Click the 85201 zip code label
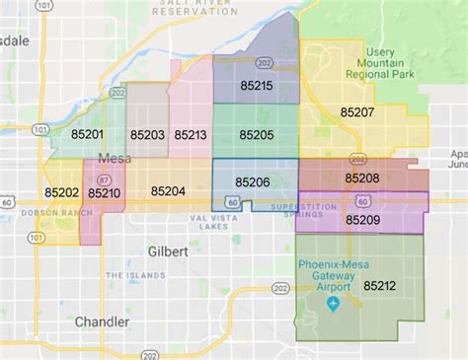pos(87,133)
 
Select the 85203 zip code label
pos(147,133)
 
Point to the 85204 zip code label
pos(169,192)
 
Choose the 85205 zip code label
pos(256,133)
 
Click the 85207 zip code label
pos(355,112)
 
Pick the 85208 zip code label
pos(361,179)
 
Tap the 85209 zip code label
pos(362,219)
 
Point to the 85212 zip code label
pos(379,286)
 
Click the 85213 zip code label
pos(191,133)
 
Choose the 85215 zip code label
pos(256,87)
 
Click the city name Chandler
pos(102,322)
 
